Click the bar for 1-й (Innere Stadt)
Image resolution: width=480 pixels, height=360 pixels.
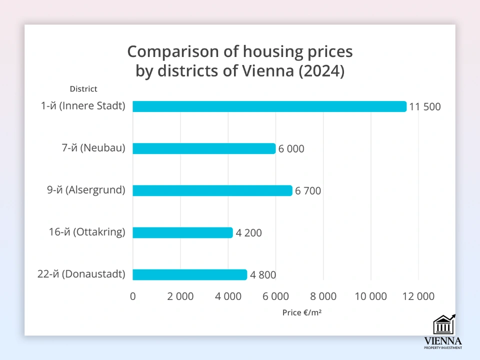(269, 106)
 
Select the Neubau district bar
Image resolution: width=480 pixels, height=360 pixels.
(204, 148)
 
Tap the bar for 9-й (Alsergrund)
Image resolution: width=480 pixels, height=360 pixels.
(212, 190)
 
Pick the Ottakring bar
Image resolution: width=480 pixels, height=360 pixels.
(182, 232)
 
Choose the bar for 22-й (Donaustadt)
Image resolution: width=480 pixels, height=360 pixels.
(190, 274)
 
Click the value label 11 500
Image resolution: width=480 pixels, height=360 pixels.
(425, 106)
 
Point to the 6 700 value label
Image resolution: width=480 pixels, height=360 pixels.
(308, 190)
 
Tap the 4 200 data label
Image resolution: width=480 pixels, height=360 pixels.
(248, 232)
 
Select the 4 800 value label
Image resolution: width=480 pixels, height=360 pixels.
(263, 274)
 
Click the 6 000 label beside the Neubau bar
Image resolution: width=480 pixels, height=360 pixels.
(291, 148)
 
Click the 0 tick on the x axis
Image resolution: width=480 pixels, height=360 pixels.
(133, 296)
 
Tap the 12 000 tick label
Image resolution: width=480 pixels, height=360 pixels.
(418, 296)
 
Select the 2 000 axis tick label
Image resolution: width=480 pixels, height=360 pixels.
(180, 296)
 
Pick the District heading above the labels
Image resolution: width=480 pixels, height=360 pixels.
(83, 89)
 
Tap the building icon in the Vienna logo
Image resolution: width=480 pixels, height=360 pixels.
(443, 325)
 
